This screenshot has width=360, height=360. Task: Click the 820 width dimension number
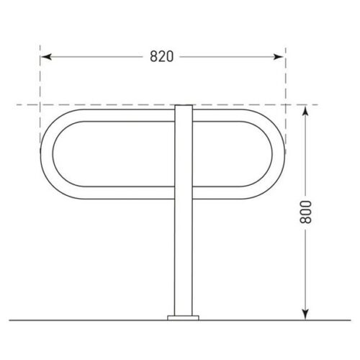click(161, 57)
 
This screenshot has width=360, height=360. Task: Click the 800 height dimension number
click(305, 212)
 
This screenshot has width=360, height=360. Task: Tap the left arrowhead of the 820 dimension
click(46, 57)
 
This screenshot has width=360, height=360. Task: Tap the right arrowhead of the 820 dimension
click(279, 57)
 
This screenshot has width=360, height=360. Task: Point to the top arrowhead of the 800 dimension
click(305, 111)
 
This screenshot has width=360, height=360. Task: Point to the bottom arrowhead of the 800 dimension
click(305, 315)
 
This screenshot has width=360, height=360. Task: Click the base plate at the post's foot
click(184, 318)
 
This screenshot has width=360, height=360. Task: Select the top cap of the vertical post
click(184, 106)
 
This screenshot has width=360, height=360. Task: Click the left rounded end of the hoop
click(47, 154)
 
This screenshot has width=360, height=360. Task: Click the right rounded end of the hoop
click(279, 154)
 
